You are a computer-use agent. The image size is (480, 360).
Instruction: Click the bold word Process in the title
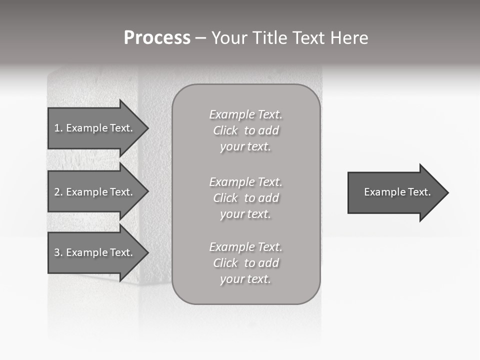point(157,38)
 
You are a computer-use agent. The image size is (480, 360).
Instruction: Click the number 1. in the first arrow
point(58,128)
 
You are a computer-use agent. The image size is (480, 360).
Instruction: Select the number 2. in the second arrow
point(58,192)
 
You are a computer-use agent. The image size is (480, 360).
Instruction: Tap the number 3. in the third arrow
point(58,252)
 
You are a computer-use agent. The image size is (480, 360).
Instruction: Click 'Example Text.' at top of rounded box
point(246,114)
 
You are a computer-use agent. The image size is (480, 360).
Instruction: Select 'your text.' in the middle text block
point(245,214)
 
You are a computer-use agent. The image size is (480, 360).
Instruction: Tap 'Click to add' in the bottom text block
point(246,263)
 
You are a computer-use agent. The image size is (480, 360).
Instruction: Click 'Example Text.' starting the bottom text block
point(246,247)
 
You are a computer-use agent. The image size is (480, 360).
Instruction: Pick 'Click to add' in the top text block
point(246,130)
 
